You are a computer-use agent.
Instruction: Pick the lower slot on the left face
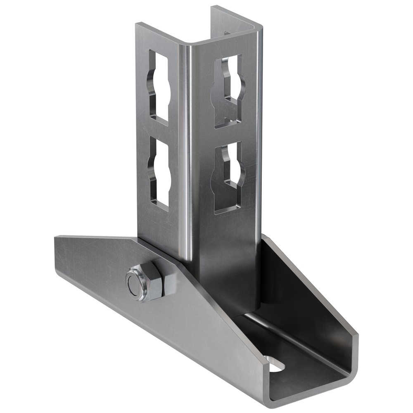tap(160, 172)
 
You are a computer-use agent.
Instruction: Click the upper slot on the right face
tap(228, 91)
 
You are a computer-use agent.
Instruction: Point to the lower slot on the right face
tap(228, 178)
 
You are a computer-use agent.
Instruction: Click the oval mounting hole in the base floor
tap(275, 363)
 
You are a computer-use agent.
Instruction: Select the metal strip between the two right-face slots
tap(228, 134)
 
